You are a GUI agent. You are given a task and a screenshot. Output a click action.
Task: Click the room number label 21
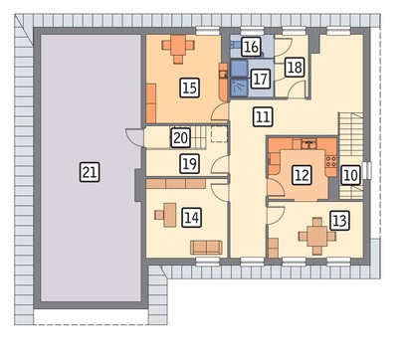click(x=90, y=172)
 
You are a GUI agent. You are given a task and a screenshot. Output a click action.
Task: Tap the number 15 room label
click(x=190, y=88)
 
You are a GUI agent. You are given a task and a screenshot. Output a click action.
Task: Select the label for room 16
click(x=251, y=47)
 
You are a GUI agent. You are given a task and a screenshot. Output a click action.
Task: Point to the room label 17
click(x=260, y=79)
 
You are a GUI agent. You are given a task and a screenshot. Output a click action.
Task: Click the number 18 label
click(x=295, y=68)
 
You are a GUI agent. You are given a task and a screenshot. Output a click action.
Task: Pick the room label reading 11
click(x=263, y=116)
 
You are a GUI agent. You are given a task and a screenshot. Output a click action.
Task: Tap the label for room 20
click(x=181, y=138)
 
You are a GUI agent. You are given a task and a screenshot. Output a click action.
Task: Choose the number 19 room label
click(x=190, y=164)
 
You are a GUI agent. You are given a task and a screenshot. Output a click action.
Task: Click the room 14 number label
click(x=192, y=218)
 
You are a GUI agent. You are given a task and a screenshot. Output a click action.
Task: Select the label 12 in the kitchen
click(x=302, y=175)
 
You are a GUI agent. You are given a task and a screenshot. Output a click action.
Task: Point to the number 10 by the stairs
click(x=350, y=175)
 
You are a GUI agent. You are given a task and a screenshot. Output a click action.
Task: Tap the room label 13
click(x=339, y=221)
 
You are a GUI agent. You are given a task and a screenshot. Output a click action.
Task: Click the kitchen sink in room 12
click(x=309, y=144)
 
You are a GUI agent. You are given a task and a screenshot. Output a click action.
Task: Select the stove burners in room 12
click(x=331, y=161)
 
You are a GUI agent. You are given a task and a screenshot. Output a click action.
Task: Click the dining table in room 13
click(x=317, y=236)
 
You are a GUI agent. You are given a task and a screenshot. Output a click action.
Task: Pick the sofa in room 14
click(x=206, y=248)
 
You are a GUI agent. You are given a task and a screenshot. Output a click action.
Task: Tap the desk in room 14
click(x=170, y=215)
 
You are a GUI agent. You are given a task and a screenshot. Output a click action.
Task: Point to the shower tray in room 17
click(x=239, y=88)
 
